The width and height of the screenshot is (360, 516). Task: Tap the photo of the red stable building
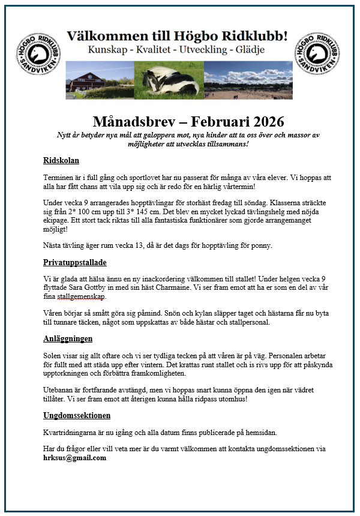(x=103, y=80)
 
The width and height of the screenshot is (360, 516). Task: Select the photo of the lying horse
(x=170, y=80)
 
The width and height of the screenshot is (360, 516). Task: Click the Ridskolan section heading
(x=61, y=161)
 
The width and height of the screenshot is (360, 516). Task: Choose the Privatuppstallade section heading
(x=75, y=263)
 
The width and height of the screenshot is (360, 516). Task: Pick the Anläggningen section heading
(x=68, y=338)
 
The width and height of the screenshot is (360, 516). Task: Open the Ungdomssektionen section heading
(x=77, y=415)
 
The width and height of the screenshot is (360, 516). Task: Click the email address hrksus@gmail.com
(x=74, y=458)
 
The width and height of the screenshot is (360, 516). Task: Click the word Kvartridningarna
(x=75, y=433)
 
